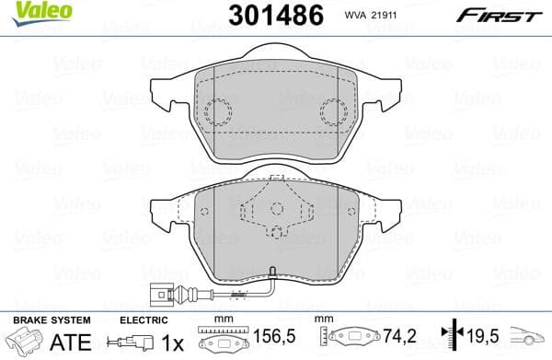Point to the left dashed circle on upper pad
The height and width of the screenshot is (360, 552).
tap(219, 113)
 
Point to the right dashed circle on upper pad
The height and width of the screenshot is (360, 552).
tap(334, 113)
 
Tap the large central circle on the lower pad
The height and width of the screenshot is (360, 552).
tap(276, 235)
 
